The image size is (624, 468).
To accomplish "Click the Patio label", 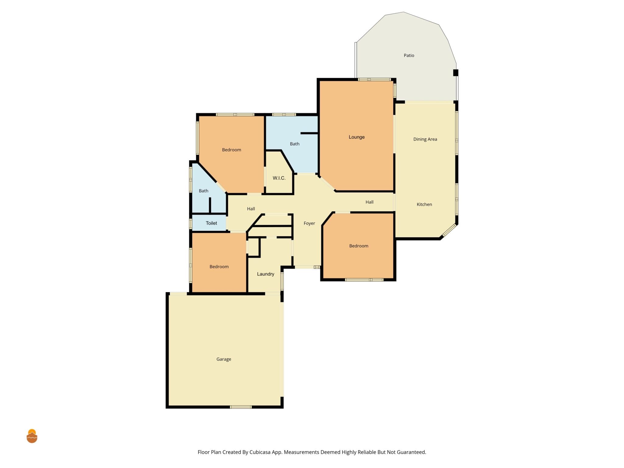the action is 409,55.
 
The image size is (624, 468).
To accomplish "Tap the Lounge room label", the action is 356,137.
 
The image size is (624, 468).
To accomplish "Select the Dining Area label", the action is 425,139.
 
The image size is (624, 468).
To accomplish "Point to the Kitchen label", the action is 424,204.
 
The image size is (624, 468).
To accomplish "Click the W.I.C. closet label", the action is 279,178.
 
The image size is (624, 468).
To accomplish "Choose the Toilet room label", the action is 211,223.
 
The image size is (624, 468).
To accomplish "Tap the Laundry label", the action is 265,274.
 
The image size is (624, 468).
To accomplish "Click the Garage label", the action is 224,359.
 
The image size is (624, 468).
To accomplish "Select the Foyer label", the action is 309,223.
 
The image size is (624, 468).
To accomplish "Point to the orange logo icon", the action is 32,436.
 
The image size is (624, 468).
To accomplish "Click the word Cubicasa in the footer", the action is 260,452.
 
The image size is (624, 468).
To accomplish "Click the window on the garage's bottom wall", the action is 241,407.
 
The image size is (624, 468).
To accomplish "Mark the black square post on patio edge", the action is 456,73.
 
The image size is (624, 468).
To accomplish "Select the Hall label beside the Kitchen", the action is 369,202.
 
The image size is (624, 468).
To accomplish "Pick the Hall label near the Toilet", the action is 251,209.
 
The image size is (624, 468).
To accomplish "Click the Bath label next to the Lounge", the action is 294,144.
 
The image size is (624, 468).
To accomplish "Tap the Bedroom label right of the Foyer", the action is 359,246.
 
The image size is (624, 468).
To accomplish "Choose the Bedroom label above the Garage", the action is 219,267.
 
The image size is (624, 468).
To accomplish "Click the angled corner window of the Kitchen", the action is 449,230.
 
